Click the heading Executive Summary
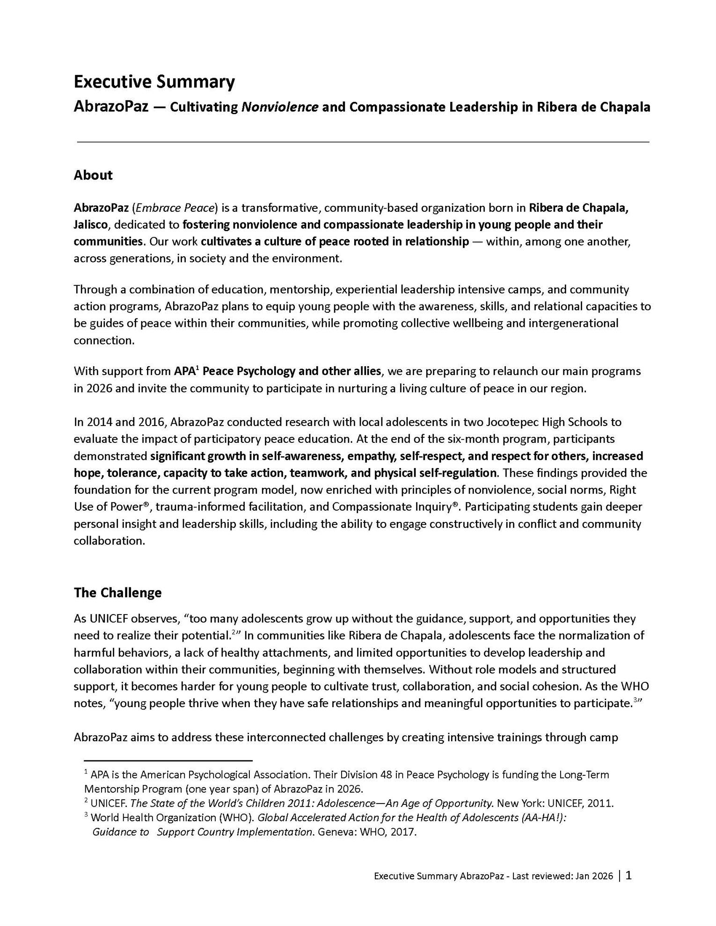tap(154, 82)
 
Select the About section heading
tap(93, 175)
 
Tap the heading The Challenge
tap(117, 593)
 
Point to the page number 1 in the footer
tap(628, 875)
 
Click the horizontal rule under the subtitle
tap(363, 142)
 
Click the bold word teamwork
tap(318, 473)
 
